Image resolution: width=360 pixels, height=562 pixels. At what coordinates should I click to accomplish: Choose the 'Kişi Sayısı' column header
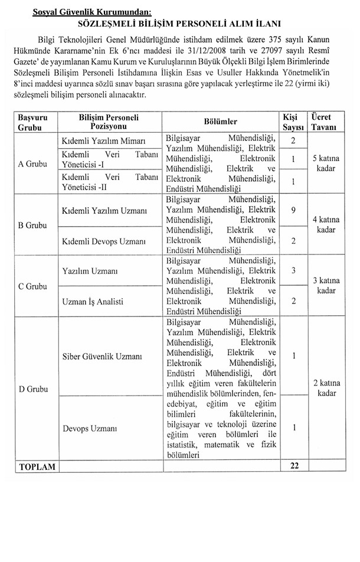293,122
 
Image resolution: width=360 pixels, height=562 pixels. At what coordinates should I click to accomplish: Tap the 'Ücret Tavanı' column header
325,122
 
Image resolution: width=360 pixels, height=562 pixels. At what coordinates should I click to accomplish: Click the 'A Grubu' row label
32,164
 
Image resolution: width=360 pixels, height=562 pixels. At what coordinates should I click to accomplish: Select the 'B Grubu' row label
32,226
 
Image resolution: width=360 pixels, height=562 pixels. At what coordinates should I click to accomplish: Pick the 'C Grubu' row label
32,286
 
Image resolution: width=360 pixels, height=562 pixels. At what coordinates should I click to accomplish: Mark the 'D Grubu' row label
32,389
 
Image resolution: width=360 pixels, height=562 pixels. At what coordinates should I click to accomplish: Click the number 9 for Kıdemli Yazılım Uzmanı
293,210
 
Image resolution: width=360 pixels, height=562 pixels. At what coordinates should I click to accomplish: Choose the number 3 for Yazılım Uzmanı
293,270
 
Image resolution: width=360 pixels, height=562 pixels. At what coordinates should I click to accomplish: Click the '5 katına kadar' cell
325,164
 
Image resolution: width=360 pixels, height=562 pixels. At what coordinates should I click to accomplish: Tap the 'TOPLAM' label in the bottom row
37,466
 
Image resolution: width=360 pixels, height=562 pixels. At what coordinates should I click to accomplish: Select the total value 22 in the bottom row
293,466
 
